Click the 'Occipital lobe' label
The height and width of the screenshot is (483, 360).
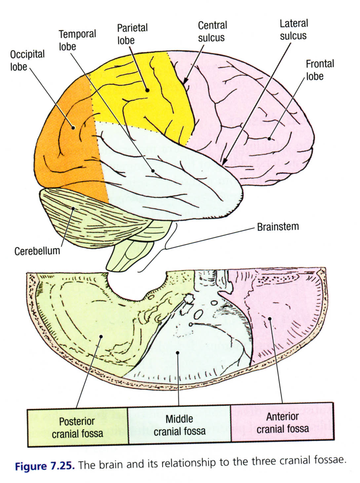coord(27,60)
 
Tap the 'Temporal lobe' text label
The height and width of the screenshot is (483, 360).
coord(77,40)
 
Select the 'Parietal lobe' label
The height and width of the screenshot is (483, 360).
coord(132,34)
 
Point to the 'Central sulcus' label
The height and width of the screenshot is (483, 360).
coord(212,31)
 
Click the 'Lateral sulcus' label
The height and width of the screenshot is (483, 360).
coord(294,30)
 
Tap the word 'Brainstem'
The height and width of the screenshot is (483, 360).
coord(278,227)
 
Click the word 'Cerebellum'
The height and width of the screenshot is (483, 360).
coord(37,251)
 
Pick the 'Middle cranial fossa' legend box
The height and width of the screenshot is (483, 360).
coord(180,425)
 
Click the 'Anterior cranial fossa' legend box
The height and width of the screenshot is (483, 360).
coord(282,422)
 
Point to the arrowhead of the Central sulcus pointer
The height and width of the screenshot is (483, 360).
coord(186,81)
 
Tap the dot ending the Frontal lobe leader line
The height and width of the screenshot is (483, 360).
coord(269,138)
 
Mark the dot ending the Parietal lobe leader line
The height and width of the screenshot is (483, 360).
coord(147,90)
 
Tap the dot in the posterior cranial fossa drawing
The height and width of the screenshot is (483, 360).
coord(101,336)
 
